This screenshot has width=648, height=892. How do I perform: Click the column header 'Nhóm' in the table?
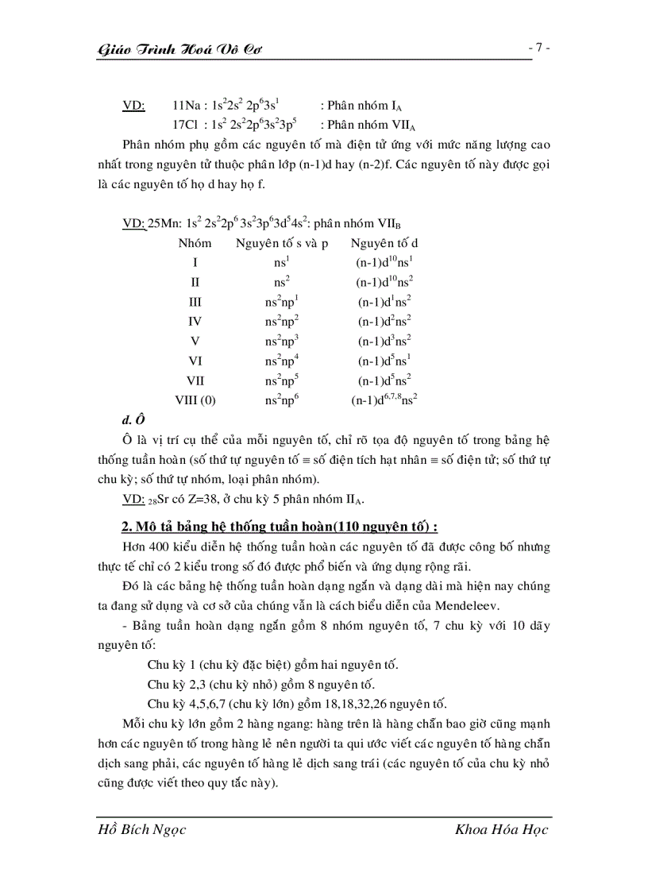pos(195,243)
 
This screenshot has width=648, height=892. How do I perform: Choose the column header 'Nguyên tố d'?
pos(384,243)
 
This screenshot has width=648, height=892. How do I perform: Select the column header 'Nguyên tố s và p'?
pos(281,243)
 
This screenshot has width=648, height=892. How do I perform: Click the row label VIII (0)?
pos(195,400)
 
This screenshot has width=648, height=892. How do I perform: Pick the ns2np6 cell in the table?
pos(281,400)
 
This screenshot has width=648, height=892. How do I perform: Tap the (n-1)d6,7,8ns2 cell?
pos(384,400)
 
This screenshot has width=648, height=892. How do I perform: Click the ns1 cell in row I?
pos(281,262)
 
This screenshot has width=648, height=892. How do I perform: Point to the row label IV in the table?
pos(195,322)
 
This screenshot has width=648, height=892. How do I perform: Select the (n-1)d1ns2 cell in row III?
pos(384,302)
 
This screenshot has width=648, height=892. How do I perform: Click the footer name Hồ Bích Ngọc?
pos(141,830)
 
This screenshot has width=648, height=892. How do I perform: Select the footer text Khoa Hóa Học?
pos(502,830)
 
